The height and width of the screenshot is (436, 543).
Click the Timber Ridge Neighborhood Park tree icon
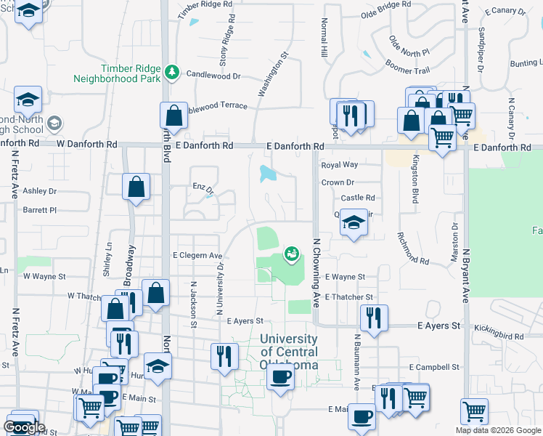(x=172, y=72)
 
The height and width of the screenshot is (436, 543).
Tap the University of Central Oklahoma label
(x=289, y=352)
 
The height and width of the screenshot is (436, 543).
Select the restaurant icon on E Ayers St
(x=374, y=318)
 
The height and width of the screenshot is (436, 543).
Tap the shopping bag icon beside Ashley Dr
(x=136, y=187)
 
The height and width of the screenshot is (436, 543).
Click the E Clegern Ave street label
(x=197, y=256)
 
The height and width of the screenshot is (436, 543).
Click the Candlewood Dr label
(x=213, y=75)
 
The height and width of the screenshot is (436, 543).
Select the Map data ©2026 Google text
(x=498, y=429)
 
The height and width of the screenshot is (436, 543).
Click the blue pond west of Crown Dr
(x=267, y=173)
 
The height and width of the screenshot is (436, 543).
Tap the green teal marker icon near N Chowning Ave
(x=292, y=254)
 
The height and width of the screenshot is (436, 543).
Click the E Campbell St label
(x=436, y=368)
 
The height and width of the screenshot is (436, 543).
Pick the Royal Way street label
(x=340, y=166)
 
